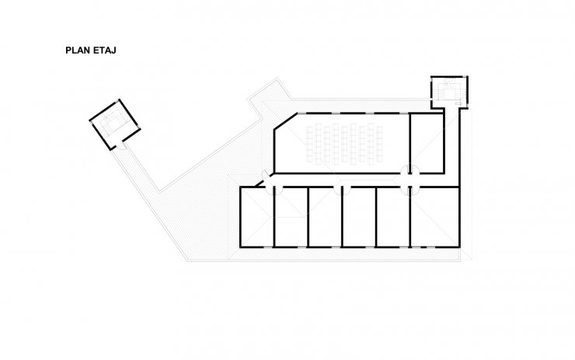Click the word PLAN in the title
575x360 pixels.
[78, 51]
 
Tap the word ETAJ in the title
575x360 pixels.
[105, 51]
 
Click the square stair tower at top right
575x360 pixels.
[449, 92]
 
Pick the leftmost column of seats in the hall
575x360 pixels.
[309, 144]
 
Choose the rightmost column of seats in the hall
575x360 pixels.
[379, 144]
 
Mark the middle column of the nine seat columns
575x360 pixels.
[344, 144]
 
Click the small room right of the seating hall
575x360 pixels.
[427, 143]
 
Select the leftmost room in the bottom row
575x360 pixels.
[256, 216]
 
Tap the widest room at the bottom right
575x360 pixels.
[434, 216]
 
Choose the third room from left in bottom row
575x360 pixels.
[325, 216]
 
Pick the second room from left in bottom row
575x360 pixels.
[291, 216]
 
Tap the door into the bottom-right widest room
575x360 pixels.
[416, 190]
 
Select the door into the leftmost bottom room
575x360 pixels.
[270, 190]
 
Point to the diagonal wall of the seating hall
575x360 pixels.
[286, 121]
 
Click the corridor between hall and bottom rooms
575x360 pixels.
[359, 180]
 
